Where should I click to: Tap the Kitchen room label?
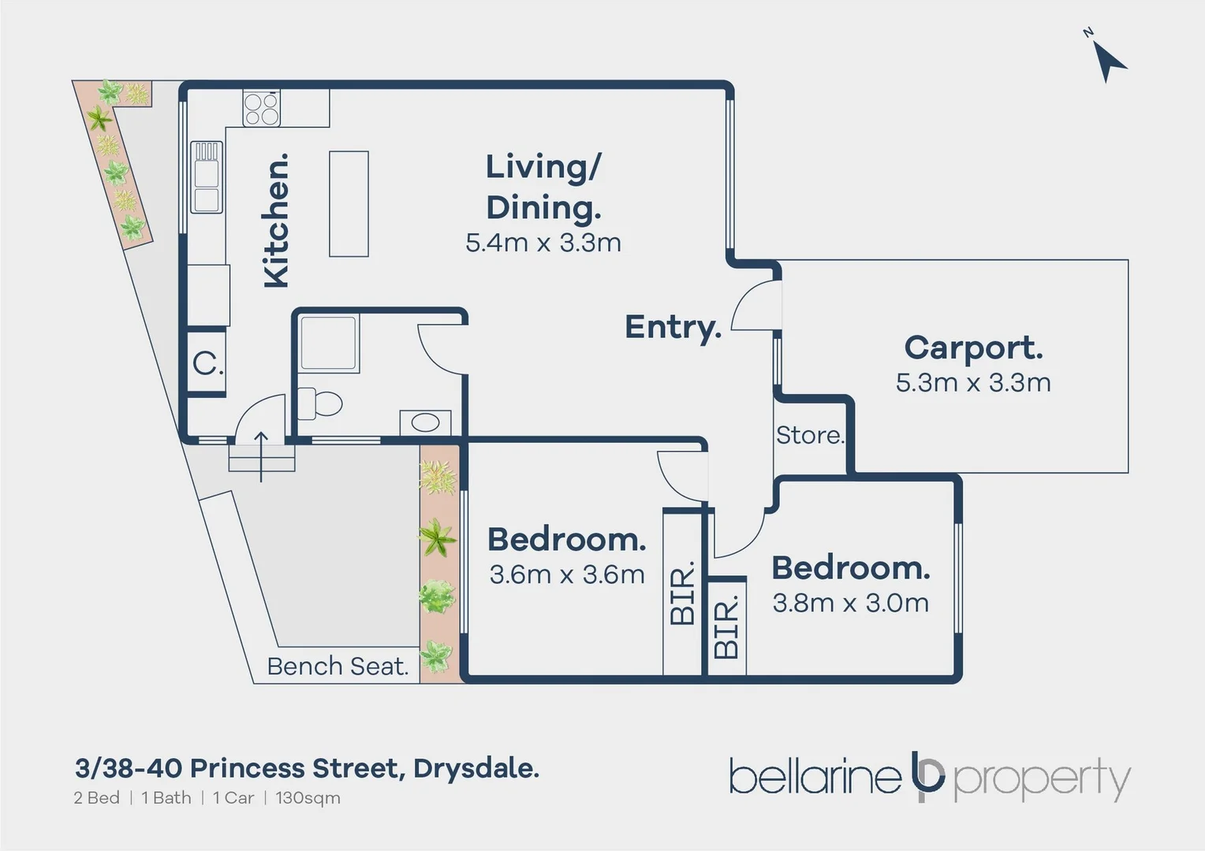(276, 221)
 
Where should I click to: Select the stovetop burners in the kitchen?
(261, 109)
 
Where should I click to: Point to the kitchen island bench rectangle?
(349, 203)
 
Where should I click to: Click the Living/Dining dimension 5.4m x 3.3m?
(543, 243)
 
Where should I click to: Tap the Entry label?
(673, 327)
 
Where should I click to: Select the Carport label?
(973, 347)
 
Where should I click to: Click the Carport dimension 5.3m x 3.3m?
(973, 383)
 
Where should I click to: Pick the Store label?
(810, 435)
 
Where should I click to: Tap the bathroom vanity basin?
(425, 422)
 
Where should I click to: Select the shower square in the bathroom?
(329, 343)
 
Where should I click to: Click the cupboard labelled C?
(207, 363)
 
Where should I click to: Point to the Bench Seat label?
(338, 667)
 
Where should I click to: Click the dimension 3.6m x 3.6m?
(567, 574)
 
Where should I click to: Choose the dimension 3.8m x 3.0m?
(850, 603)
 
